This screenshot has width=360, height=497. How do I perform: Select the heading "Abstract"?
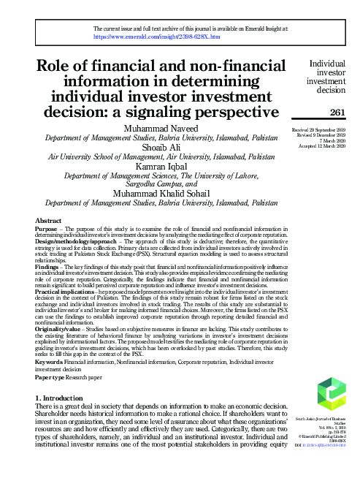[49, 219]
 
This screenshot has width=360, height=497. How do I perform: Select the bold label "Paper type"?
[50, 377]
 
